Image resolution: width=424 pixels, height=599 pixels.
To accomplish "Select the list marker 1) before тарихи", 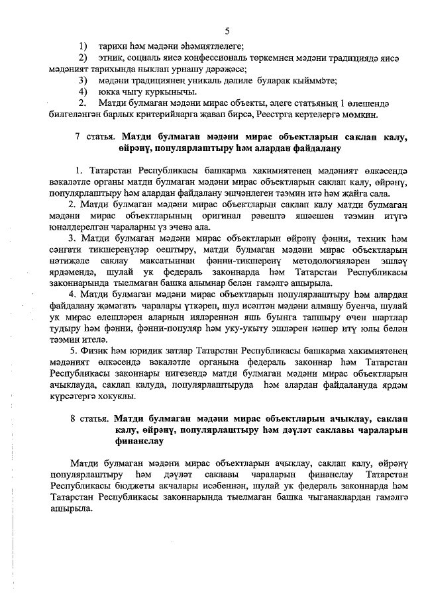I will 83,46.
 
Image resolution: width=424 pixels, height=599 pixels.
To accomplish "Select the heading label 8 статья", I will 89,419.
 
